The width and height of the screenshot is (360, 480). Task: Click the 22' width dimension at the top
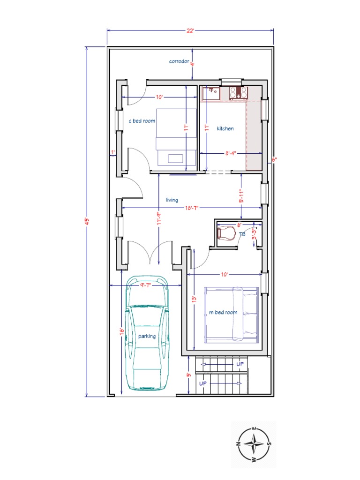(x=190, y=30)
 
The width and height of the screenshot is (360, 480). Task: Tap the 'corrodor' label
(x=179, y=61)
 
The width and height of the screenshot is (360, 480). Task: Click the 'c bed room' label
(x=142, y=121)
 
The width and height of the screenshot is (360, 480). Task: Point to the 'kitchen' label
(x=225, y=128)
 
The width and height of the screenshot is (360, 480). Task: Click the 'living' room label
(x=172, y=200)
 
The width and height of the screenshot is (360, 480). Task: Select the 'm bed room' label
(x=223, y=312)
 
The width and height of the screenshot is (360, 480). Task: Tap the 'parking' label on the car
(x=147, y=336)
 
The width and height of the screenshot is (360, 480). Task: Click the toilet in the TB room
(x=226, y=233)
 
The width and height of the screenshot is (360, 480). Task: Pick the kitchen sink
(x=211, y=93)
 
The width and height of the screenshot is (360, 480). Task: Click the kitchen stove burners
(x=238, y=93)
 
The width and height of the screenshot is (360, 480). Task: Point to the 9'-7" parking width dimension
(x=148, y=285)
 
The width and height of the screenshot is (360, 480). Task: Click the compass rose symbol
(x=253, y=443)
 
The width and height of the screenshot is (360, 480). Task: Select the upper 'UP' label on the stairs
(x=240, y=364)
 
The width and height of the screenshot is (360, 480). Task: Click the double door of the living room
(x=150, y=253)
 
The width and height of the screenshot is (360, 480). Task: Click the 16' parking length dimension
(x=122, y=331)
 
